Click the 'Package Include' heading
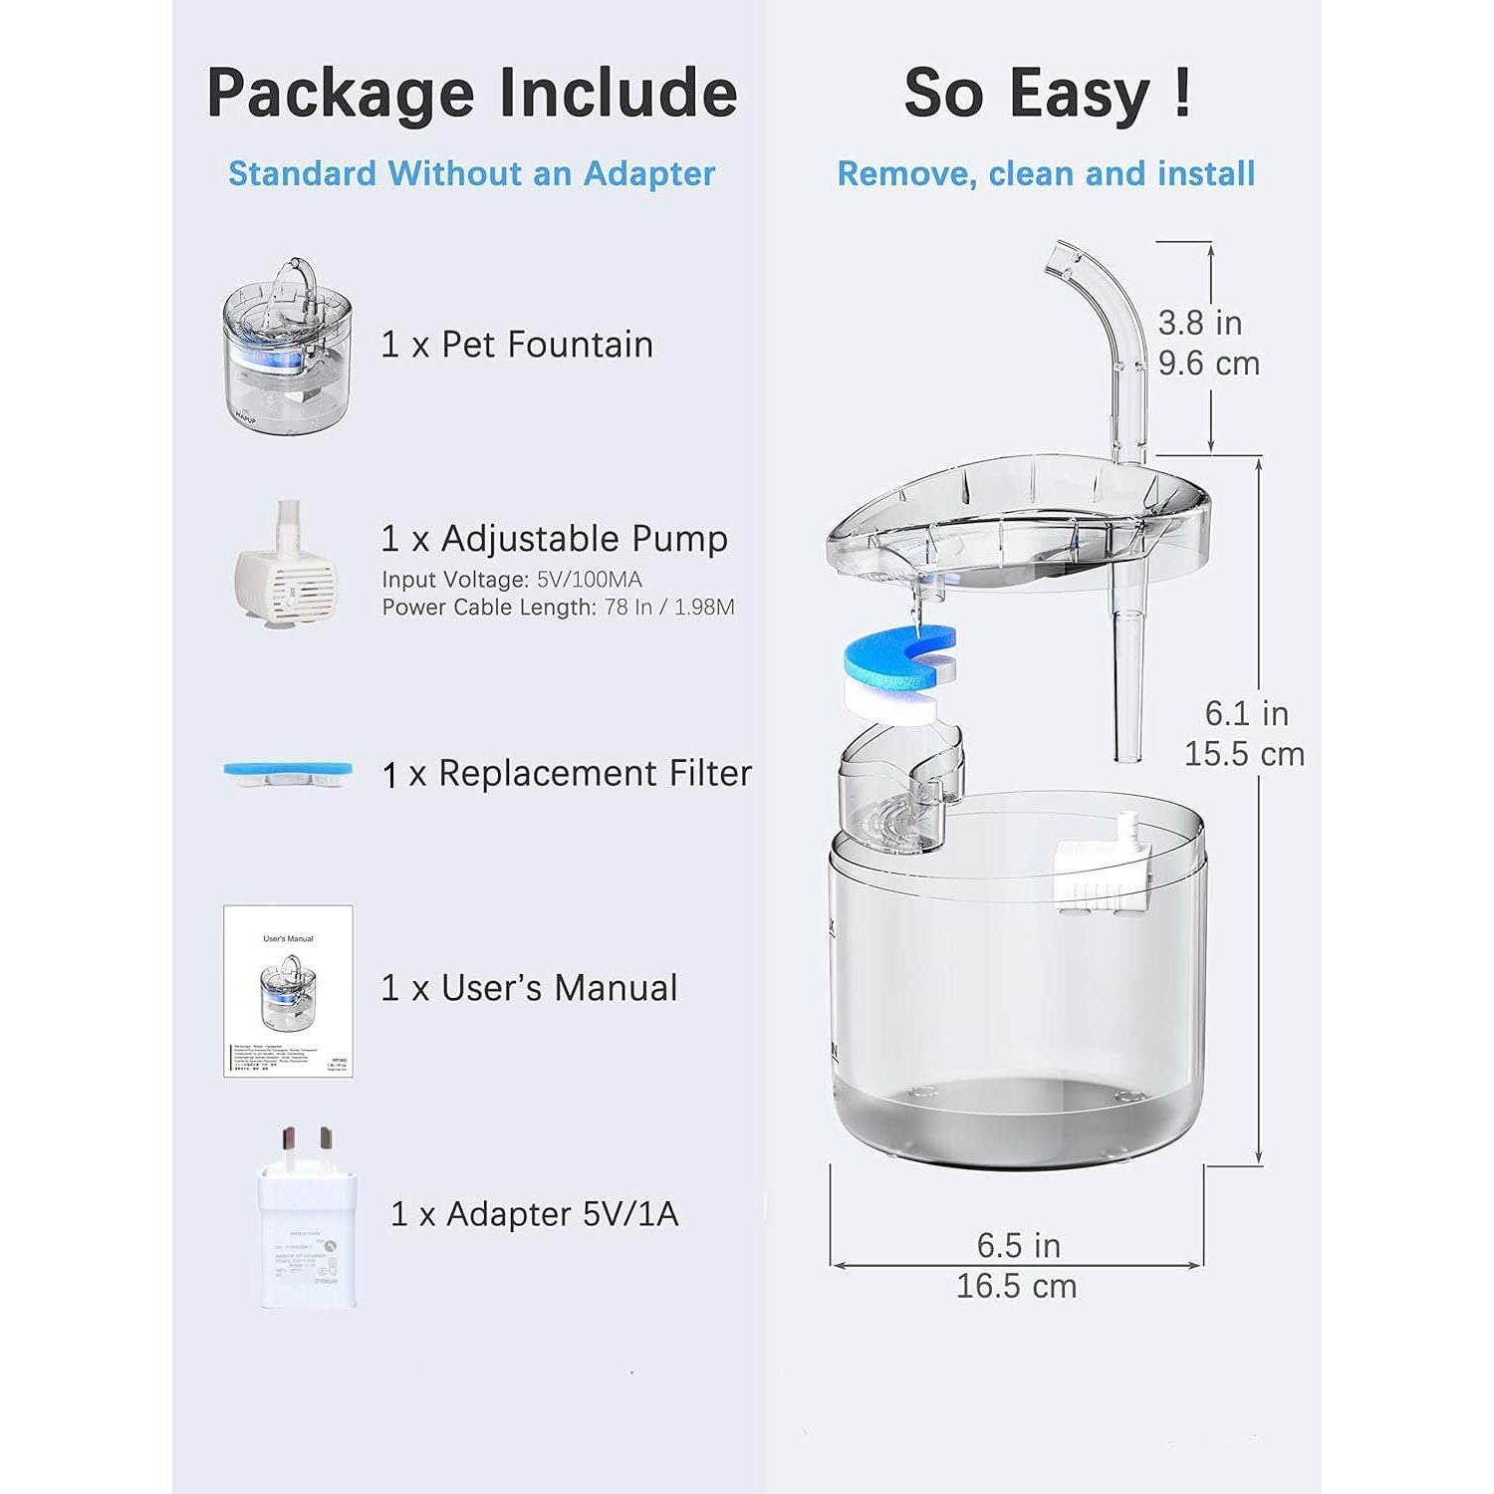[x=471, y=94]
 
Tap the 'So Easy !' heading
[x=1047, y=94]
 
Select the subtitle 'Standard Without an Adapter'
[x=471, y=173]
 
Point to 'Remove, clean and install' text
[x=1046, y=173]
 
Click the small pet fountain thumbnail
[x=287, y=344]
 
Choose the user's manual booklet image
[x=288, y=991]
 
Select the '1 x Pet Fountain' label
[x=517, y=345]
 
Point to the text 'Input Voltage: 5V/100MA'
[x=512, y=580]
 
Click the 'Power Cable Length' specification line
[x=558, y=608]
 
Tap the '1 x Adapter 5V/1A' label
[x=535, y=1214]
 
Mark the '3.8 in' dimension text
[x=1199, y=323]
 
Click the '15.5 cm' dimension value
[x=1244, y=754]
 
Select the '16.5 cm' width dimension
[x=1016, y=1286]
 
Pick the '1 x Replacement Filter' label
[x=567, y=774]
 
